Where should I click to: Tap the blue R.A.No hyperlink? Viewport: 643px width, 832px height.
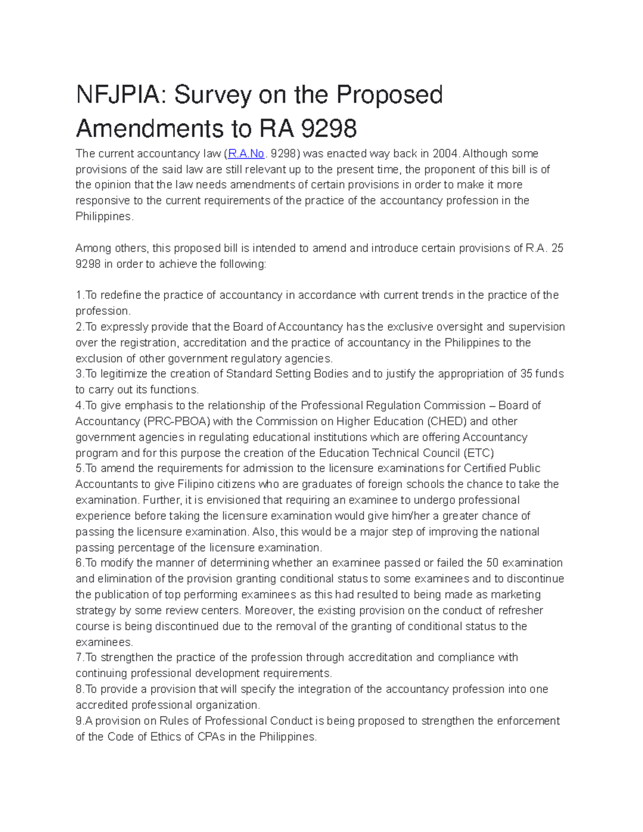(x=246, y=154)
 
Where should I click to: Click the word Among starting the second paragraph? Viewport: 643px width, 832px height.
(x=92, y=248)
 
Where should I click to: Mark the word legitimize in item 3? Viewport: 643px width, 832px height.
(x=125, y=374)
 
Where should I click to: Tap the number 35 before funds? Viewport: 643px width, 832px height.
(x=526, y=374)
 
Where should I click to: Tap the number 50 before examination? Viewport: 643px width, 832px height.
(x=492, y=563)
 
